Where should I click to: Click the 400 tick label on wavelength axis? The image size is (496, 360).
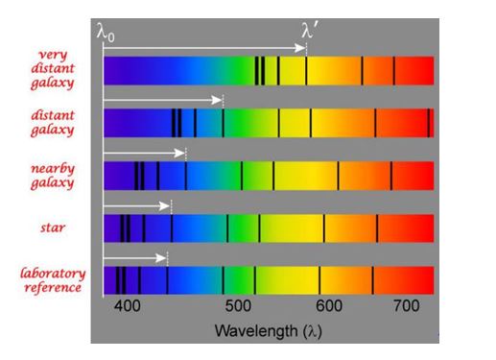pos(126,305)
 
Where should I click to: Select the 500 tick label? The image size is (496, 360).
pos(236,305)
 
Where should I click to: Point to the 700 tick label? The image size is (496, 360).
pos(408,305)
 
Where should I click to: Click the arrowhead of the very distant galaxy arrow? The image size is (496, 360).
pos(300,47)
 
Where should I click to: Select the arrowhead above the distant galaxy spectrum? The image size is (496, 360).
pos(218,99)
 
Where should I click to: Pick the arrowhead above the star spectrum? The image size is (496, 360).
pos(166,205)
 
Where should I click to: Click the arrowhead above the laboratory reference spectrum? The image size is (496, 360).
pos(162,257)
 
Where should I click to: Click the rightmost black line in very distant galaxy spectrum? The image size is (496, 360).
pos(394,70)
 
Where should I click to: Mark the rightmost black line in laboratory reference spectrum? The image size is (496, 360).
pos(372,279)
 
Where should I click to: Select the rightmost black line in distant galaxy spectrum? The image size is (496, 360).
pos(429,123)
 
